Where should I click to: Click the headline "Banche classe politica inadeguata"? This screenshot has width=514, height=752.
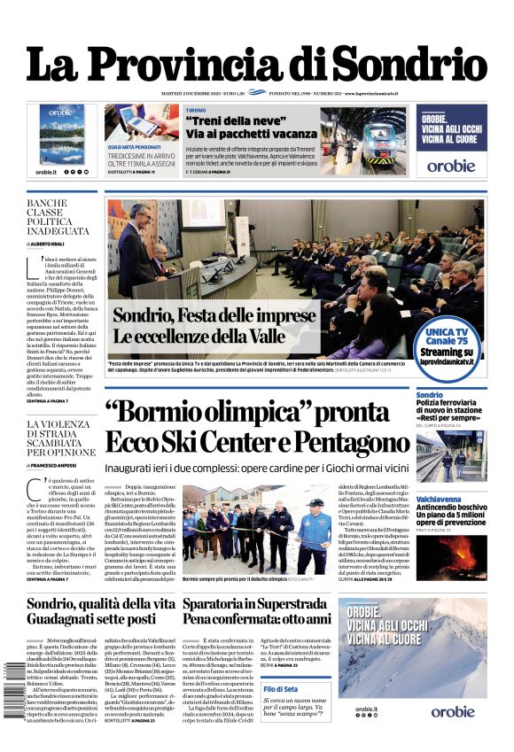tap(58, 218)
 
